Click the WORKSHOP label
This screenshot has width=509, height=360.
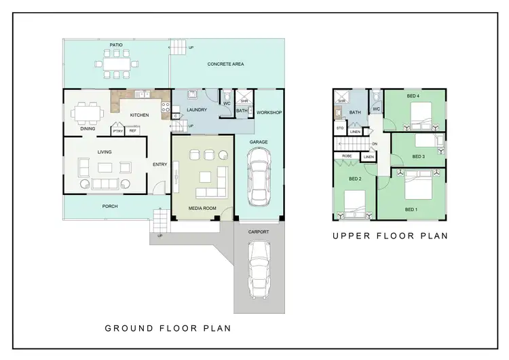tap(269, 112)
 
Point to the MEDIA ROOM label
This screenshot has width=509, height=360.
tap(202, 208)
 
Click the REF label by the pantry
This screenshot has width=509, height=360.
tap(132, 130)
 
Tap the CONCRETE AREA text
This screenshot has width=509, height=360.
tap(225, 64)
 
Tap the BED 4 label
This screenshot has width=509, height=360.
tap(413, 96)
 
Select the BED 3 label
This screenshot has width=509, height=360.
tap(418, 156)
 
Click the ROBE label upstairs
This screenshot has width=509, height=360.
tap(346, 156)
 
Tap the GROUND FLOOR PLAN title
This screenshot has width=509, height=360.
tap(167, 328)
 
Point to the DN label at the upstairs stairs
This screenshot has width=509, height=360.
tap(374, 144)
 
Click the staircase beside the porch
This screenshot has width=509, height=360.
tap(160, 221)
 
